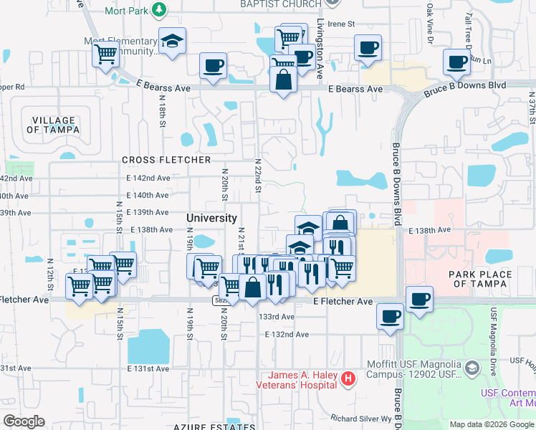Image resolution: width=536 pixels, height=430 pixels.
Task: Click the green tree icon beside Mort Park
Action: coord(161,11)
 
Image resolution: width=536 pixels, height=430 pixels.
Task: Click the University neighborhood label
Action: coord(211,218)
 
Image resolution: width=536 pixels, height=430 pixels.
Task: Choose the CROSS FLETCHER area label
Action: coord(166,160)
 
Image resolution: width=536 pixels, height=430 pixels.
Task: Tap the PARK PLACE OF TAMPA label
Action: coord(480,279)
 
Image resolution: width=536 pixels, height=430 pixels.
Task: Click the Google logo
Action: coord(24,421)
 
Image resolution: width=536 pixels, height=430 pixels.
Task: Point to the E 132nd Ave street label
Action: coord(286,335)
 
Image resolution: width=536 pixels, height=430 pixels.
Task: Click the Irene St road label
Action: coord(341,24)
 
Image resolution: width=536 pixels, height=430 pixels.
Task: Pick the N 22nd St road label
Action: coord(258,176)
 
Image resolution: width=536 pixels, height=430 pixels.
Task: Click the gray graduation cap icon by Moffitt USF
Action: coord(472,368)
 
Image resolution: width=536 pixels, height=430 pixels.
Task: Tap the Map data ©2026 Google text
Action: coord(491,424)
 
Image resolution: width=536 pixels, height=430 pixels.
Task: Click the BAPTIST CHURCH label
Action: coord(281,4)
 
